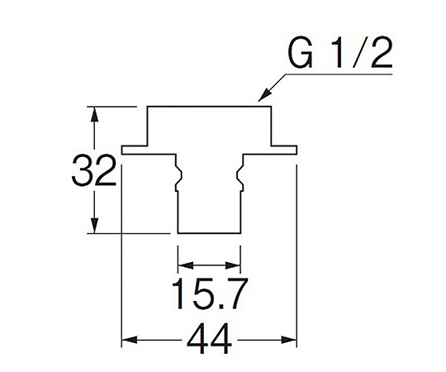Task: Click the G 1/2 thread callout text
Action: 340,53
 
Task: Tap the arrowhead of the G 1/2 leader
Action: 263,95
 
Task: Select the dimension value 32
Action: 94,170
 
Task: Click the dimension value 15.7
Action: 210,293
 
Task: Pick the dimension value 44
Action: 209,339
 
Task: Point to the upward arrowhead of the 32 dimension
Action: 95,114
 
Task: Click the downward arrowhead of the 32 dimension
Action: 95,226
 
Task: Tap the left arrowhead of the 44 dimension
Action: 130,340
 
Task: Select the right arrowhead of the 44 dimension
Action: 289,340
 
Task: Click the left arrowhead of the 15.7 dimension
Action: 186,265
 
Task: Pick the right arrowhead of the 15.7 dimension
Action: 233,265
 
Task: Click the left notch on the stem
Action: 178,177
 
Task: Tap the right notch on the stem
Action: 240,177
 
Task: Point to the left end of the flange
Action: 122,150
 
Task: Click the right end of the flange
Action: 297,150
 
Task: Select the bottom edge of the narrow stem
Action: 209,233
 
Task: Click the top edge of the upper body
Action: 209,107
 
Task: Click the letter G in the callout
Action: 300,53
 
